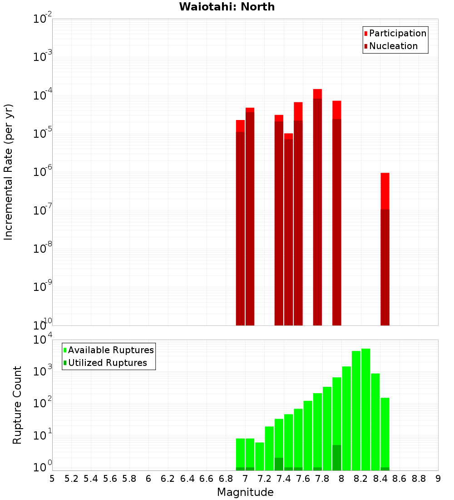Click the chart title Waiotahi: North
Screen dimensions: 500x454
click(x=227, y=7)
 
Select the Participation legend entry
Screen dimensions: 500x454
click(x=397, y=33)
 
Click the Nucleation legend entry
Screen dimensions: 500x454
click(x=393, y=46)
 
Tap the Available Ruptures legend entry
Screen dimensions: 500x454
click(x=110, y=350)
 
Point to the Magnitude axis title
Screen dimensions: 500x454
click(x=245, y=492)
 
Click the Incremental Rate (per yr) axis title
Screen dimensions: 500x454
click(x=9, y=172)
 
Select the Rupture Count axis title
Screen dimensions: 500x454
click(x=17, y=405)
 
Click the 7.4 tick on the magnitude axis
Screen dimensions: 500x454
click(x=284, y=479)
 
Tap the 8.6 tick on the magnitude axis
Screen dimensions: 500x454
click(x=400, y=479)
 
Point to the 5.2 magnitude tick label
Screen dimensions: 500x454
click(x=72, y=479)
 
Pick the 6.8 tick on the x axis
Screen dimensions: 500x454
click(x=226, y=479)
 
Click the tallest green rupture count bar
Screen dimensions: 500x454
click(x=365, y=409)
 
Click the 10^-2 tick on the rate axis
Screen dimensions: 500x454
click(x=42, y=19)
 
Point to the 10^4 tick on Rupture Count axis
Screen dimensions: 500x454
click(x=42, y=340)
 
